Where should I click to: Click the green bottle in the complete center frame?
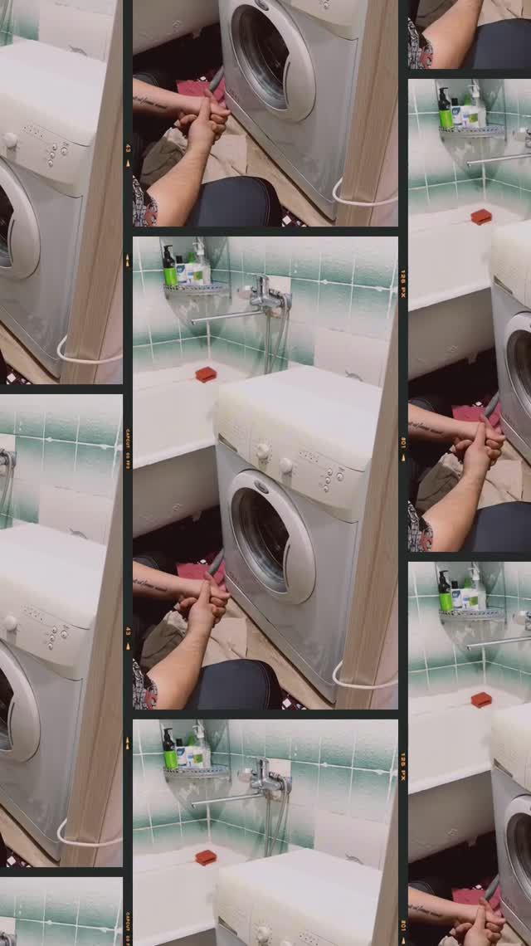(169, 268)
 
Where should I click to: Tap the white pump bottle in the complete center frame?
(199, 264)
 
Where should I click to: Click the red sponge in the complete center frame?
(206, 374)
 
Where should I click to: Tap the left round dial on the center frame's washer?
(263, 451)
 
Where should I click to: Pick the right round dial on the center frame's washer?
(285, 466)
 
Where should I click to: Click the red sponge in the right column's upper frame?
(481, 217)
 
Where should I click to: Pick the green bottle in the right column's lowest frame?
(446, 592)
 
